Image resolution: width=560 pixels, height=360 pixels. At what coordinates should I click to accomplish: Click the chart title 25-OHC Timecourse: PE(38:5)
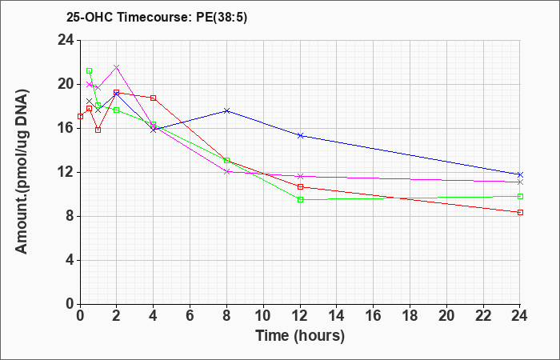click(157, 17)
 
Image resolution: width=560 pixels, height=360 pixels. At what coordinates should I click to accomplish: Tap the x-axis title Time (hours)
click(300, 336)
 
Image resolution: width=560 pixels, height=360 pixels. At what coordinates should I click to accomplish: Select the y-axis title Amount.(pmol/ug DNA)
click(22, 172)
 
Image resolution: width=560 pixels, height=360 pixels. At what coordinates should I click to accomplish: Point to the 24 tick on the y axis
click(66, 40)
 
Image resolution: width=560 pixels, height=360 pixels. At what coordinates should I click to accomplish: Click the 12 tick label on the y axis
click(66, 173)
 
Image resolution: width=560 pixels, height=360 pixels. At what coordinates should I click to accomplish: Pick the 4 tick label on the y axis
click(70, 260)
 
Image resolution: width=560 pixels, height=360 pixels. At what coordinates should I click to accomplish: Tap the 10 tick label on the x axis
click(263, 316)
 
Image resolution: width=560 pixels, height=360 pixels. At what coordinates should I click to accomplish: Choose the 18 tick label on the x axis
click(410, 316)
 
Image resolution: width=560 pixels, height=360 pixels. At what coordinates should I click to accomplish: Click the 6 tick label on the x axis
click(190, 316)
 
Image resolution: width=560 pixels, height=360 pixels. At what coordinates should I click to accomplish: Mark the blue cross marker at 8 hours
click(226, 110)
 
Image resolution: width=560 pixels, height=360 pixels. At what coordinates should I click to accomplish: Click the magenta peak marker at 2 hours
click(117, 67)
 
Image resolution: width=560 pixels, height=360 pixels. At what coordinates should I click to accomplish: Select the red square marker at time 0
click(80, 117)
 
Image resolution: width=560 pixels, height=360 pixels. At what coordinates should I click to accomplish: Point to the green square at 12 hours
click(300, 200)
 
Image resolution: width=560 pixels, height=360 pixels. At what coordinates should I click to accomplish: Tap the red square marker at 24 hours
click(520, 213)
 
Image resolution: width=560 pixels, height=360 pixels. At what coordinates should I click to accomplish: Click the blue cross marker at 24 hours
click(520, 174)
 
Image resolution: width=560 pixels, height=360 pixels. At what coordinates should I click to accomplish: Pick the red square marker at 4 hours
click(154, 98)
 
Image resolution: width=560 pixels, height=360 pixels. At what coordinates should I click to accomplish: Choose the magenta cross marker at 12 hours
click(300, 177)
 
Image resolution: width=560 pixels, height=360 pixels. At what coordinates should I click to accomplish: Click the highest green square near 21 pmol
click(90, 70)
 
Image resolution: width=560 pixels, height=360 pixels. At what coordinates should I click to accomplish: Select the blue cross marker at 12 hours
click(300, 135)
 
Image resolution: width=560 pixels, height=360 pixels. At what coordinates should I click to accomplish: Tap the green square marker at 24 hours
click(520, 197)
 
